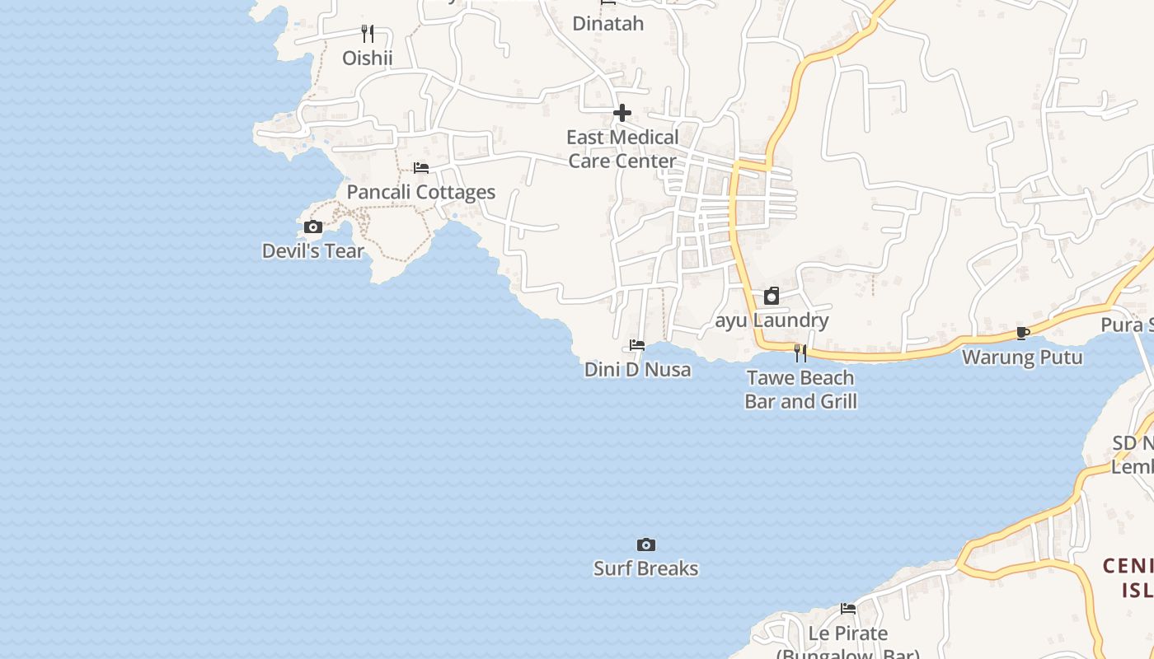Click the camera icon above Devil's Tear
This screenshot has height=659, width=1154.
pos(313,227)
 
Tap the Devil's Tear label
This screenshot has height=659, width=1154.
pos(313,250)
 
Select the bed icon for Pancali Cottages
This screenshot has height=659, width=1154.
pos(421,168)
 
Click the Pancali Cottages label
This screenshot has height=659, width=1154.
pos(421,192)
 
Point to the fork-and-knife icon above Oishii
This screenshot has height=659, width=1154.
pos(368,34)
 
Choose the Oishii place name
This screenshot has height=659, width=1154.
pos(368,58)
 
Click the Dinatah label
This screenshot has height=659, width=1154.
pos(608,23)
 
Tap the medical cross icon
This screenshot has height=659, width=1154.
pos(622,113)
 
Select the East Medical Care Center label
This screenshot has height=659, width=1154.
pos(622,148)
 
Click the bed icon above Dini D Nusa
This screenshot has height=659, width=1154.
pos(637,345)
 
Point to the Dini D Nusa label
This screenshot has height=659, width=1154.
pos(637,369)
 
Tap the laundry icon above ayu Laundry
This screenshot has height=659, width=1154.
pos(772,296)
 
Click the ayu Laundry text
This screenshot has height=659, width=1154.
pos(772,320)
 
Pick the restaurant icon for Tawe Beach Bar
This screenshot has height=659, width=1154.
pos(800,353)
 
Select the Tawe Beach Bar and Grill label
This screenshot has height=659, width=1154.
pos(800,389)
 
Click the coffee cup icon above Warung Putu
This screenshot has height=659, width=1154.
pos(1023,333)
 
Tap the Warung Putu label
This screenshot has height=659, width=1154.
pos(1023,357)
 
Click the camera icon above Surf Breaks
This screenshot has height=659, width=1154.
pos(646,544)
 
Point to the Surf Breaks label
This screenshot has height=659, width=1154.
pos(646,568)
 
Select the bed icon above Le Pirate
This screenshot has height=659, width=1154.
pos(848,609)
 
